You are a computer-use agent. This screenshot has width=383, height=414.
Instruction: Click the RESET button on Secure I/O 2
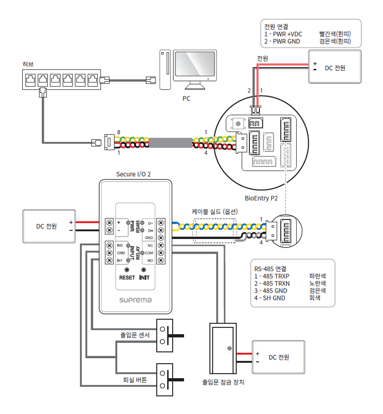127,270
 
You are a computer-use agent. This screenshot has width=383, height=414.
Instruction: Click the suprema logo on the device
135,300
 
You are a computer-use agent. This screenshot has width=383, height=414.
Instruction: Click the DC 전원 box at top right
335,68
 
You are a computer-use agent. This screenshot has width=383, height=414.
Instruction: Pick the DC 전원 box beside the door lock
278,357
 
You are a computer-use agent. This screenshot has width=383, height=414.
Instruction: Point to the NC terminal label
150,245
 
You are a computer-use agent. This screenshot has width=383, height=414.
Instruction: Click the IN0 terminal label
120,245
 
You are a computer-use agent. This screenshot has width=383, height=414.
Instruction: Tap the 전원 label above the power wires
262,58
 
